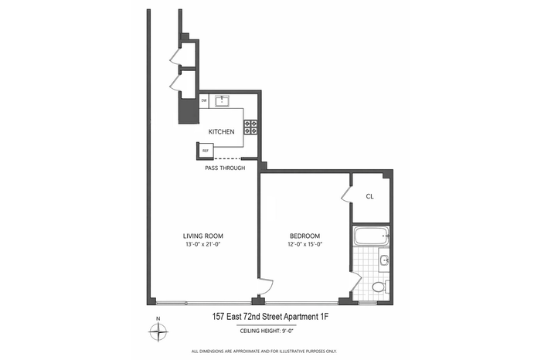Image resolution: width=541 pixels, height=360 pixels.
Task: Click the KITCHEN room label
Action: (x=221, y=132)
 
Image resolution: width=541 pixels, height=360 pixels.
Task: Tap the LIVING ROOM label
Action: (x=202, y=236)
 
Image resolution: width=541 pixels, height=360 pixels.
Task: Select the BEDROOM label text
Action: (x=305, y=236)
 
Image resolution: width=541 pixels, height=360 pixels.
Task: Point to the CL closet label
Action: (x=369, y=196)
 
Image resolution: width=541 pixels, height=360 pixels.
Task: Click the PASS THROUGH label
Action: (x=225, y=168)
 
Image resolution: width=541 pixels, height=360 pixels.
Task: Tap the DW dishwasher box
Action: (x=204, y=101)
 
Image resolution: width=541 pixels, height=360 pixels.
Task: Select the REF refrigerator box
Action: (x=206, y=151)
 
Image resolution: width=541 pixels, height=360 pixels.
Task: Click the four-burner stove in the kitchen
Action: (x=250, y=127)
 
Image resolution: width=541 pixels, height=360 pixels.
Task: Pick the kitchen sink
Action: (x=222, y=100)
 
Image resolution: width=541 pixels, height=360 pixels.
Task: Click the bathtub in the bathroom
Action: (x=371, y=236)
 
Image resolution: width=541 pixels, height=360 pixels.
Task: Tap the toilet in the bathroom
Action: (x=380, y=287)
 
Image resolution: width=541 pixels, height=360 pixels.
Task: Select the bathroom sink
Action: (x=384, y=260)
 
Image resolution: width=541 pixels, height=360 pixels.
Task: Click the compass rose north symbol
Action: (x=158, y=331)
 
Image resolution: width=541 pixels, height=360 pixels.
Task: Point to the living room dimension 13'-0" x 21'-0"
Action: (x=202, y=244)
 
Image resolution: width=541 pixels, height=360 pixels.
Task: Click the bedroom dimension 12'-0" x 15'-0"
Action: (x=305, y=244)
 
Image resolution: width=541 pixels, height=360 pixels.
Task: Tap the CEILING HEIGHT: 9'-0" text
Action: (x=267, y=331)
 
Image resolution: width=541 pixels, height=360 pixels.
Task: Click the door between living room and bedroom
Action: (x=266, y=287)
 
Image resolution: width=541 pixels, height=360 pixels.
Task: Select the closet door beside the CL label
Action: (x=346, y=195)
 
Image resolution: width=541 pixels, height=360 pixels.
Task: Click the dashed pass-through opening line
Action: (x=227, y=158)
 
